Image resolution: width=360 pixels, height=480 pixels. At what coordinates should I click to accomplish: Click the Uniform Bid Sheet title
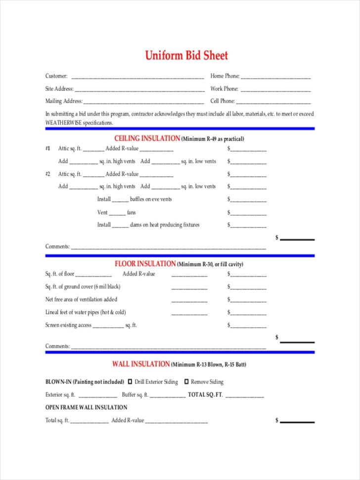point(186,55)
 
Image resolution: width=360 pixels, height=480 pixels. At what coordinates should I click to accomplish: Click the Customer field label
point(56,76)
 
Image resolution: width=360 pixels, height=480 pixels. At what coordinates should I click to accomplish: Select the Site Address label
point(59,89)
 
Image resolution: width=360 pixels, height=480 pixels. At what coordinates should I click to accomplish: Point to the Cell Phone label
point(223,101)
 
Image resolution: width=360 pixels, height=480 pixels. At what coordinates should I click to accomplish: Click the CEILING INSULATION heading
point(147,139)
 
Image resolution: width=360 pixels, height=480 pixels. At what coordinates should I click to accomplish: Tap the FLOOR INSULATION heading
point(145,264)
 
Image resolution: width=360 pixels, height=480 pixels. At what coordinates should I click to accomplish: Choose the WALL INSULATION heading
point(140,364)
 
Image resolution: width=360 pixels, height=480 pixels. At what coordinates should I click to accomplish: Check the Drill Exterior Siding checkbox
point(130,382)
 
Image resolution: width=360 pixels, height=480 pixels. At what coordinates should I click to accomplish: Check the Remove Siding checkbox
point(186,382)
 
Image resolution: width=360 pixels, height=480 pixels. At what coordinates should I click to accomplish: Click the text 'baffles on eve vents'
point(151,199)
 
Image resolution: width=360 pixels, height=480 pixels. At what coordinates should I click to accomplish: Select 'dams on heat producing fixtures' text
point(165,225)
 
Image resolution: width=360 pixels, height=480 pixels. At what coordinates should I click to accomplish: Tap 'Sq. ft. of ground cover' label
point(83,287)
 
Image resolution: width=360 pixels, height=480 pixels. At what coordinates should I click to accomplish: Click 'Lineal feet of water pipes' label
point(86,312)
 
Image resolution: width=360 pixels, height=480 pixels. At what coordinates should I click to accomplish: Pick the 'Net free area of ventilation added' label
point(81,299)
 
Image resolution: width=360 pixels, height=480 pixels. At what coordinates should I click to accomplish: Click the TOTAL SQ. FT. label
point(205,395)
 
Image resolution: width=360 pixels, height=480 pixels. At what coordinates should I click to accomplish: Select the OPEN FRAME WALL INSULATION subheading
point(86,407)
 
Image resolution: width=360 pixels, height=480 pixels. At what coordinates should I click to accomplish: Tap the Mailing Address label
point(64,101)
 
